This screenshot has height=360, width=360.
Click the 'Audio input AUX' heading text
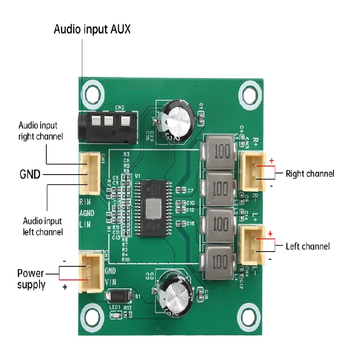[92, 30]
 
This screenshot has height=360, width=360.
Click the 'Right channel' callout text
[310, 173]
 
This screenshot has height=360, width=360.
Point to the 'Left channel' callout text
[308, 246]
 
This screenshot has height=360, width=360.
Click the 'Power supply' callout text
[31, 279]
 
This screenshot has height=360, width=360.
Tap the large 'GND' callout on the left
[31, 174]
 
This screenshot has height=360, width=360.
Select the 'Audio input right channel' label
[40, 130]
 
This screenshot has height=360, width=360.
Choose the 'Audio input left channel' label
[43, 226]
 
